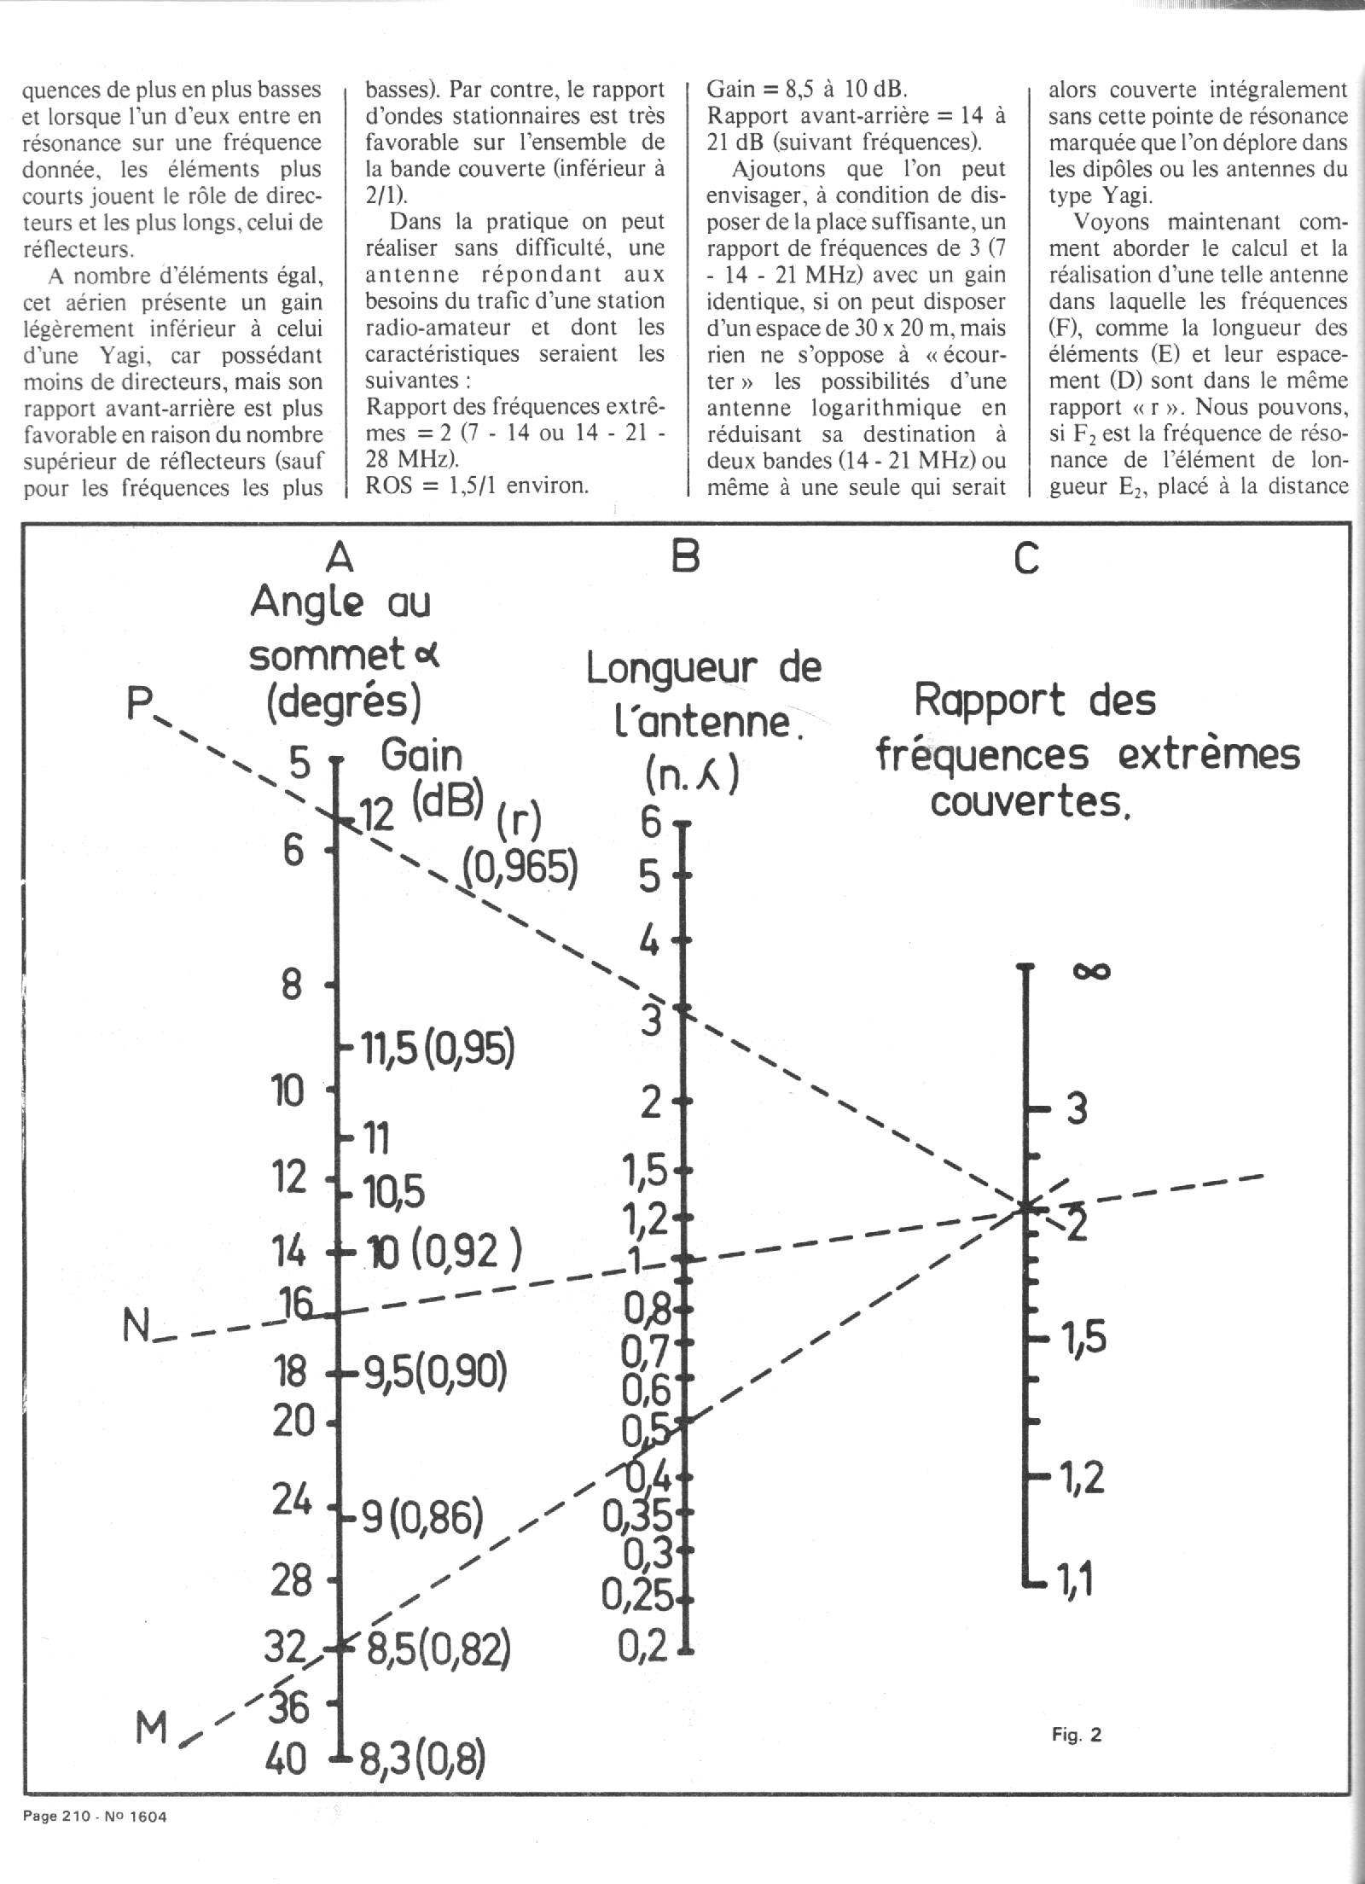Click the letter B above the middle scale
pos(685,556)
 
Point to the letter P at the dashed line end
pos(139,706)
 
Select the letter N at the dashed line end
pos(136,1349)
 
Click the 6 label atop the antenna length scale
pos(652,823)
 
